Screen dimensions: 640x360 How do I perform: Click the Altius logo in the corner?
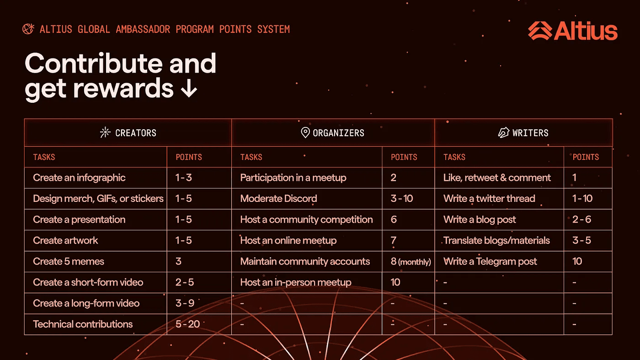pyautogui.click(x=572, y=31)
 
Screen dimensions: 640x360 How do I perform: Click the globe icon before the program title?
pyautogui.click(x=28, y=29)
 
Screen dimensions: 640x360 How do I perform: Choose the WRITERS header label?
pyautogui.click(x=530, y=133)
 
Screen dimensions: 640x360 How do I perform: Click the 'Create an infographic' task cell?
pyautogui.click(x=79, y=178)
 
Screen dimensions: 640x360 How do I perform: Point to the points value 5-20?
pyautogui.click(x=187, y=324)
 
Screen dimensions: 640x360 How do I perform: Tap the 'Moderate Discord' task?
pyautogui.click(x=278, y=198)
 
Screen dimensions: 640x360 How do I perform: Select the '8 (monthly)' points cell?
pyautogui.click(x=411, y=261)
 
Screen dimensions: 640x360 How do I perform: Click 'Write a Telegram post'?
pyautogui.click(x=490, y=261)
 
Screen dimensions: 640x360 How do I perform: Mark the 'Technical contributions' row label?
pyautogui.click(x=83, y=324)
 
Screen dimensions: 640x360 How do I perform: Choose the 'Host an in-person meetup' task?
pyautogui.click(x=296, y=282)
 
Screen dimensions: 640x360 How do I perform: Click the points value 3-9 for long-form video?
pyautogui.click(x=185, y=303)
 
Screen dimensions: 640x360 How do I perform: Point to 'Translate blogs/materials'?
pyautogui.click(x=496, y=240)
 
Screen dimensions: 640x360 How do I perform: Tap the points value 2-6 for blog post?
pyautogui.click(x=581, y=219)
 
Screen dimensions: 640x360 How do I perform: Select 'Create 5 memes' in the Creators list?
pyautogui.click(x=69, y=261)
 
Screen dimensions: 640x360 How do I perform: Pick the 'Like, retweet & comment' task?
pyautogui.click(x=497, y=178)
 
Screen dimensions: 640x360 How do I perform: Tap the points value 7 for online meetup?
pyautogui.click(x=394, y=240)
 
